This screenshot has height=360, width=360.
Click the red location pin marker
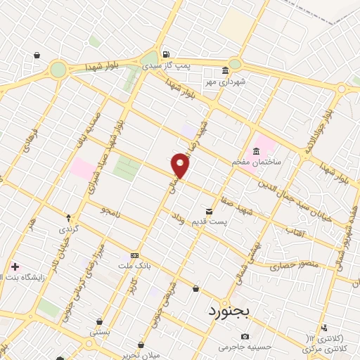(x=181, y=166)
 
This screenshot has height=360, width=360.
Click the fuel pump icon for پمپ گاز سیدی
(x=165, y=55)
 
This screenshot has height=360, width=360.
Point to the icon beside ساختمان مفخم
(x=255, y=151)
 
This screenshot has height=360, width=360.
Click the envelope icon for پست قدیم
(x=209, y=211)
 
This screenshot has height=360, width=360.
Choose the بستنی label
(x=100, y=330)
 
